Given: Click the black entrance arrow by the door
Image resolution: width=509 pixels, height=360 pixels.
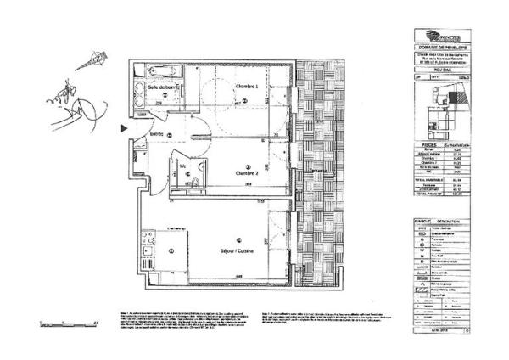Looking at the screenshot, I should [x=125, y=129].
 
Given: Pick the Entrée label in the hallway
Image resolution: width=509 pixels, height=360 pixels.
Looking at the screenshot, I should [x=157, y=134].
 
